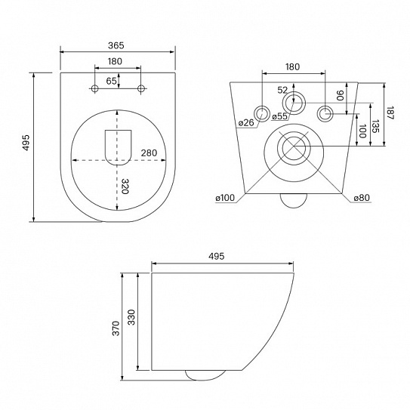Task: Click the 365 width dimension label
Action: click(116, 45)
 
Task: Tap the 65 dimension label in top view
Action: click(112, 81)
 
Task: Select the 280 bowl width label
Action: click(149, 153)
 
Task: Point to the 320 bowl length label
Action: click(125, 187)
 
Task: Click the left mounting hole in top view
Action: click(95, 88)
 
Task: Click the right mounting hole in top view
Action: click(141, 88)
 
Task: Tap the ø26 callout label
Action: click(246, 122)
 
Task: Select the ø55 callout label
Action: click(279, 116)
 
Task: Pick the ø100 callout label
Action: click(225, 198)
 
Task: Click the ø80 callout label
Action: click(362, 198)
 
